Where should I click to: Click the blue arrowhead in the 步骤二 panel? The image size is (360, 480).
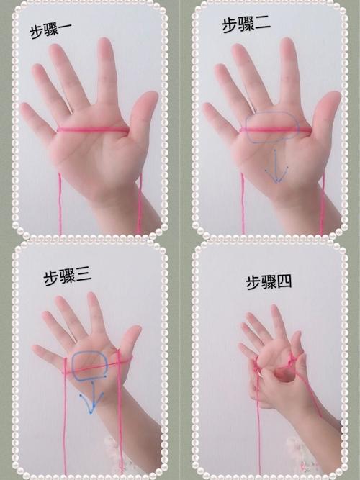coord(276,176)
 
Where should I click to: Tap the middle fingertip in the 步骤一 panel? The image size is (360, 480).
coord(105,45)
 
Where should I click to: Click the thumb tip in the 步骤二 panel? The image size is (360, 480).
coord(331,99)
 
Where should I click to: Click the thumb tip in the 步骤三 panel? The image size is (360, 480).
coord(134,332)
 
